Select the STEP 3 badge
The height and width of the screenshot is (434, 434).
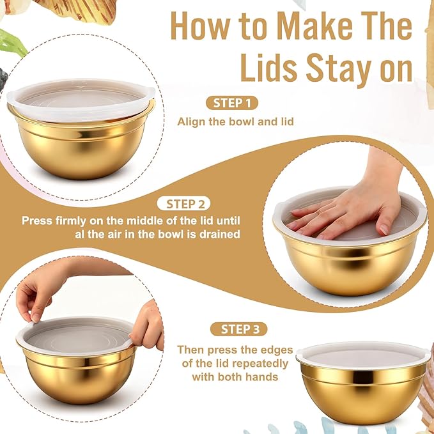(x=239, y=329)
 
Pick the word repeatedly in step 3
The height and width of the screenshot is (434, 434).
(x=259, y=364)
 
